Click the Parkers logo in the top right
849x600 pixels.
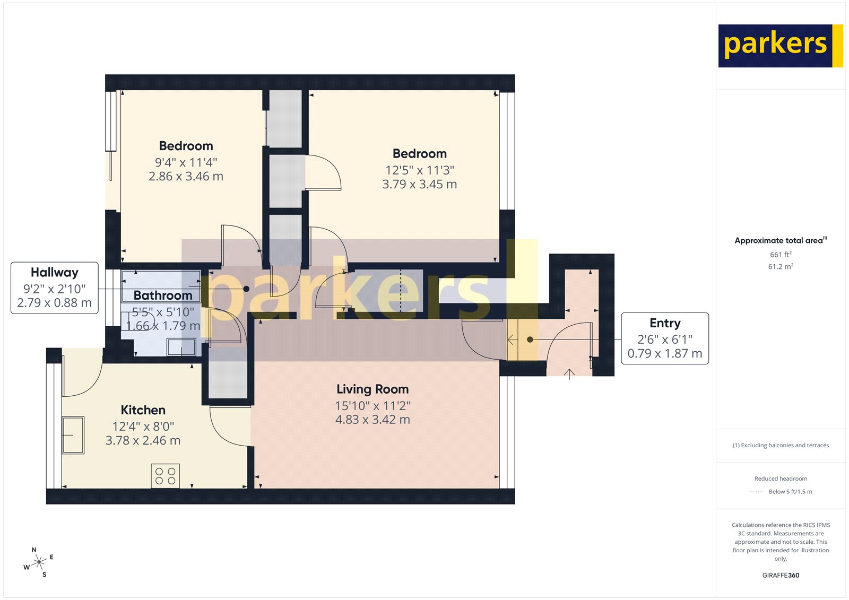pos(780,46)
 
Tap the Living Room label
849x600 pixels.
pos(372,389)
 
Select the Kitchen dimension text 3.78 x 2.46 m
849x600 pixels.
pos(143,440)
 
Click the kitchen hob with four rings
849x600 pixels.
pos(166,476)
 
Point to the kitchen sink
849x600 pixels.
pos(73,435)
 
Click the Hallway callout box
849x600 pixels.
pos(55,288)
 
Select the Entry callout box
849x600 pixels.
pos(664,338)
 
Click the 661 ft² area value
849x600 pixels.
pos(781,255)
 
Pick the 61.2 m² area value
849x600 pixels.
pos(781,266)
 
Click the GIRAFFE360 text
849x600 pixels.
pos(781,575)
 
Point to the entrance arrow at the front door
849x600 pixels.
pos(569,374)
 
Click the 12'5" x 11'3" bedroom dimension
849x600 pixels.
pos(419,170)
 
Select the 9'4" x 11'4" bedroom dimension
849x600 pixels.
pos(186,162)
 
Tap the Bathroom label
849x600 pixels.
pos(163,295)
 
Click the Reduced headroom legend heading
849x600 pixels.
pos(781,479)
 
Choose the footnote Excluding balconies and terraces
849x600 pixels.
pos(781,445)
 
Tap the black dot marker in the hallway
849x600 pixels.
pos(246,289)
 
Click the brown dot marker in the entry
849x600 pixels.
pos(530,340)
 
